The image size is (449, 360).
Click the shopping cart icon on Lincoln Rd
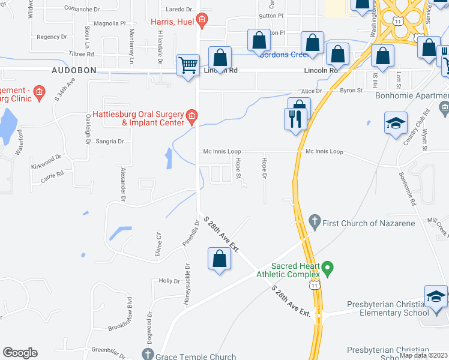tap(188, 64)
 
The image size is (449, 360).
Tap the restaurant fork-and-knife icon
tap(295, 118)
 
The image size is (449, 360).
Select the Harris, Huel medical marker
tap(202, 21)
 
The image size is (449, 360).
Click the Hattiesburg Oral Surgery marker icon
tap(191, 116)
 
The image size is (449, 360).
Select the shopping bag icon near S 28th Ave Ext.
tap(220, 259)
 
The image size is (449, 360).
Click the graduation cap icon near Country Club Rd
tap(396, 123)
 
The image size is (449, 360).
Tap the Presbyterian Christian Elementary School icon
tap(436, 297)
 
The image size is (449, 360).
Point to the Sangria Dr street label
tap(110, 142)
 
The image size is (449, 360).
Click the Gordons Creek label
tap(284, 54)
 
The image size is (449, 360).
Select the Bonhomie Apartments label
tap(412, 95)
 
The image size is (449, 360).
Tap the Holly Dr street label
tap(169, 281)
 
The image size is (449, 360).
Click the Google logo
tap(20, 353)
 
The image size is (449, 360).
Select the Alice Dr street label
tap(312, 91)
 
